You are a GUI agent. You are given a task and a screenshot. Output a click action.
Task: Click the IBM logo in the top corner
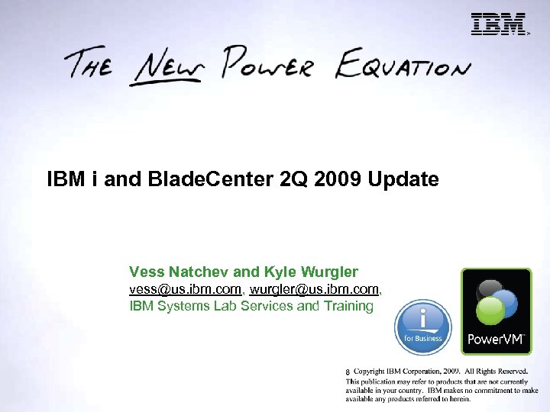pyautogui.click(x=498, y=24)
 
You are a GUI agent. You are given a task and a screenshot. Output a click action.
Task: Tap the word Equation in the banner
pyautogui.click(x=405, y=65)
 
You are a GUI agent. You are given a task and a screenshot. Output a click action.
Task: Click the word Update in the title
pyautogui.click(x=403, y=180)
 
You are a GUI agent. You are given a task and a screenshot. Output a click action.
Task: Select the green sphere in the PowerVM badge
pyautogui.click(x=490, y=311)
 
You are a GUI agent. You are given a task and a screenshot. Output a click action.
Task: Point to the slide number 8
pyautogui.click(x=348, y=372)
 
